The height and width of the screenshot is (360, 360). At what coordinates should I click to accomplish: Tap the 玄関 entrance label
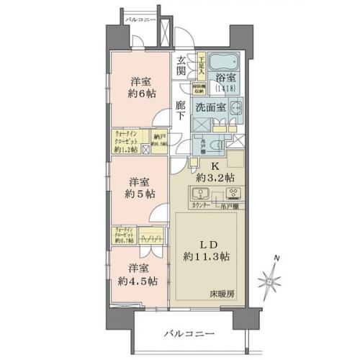pos(181,66)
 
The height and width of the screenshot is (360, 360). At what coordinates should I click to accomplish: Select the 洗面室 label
pos(215,107)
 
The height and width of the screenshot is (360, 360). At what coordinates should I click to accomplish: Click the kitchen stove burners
pos(233,194)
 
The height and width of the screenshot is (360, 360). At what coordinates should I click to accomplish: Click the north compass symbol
pos(271,276)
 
